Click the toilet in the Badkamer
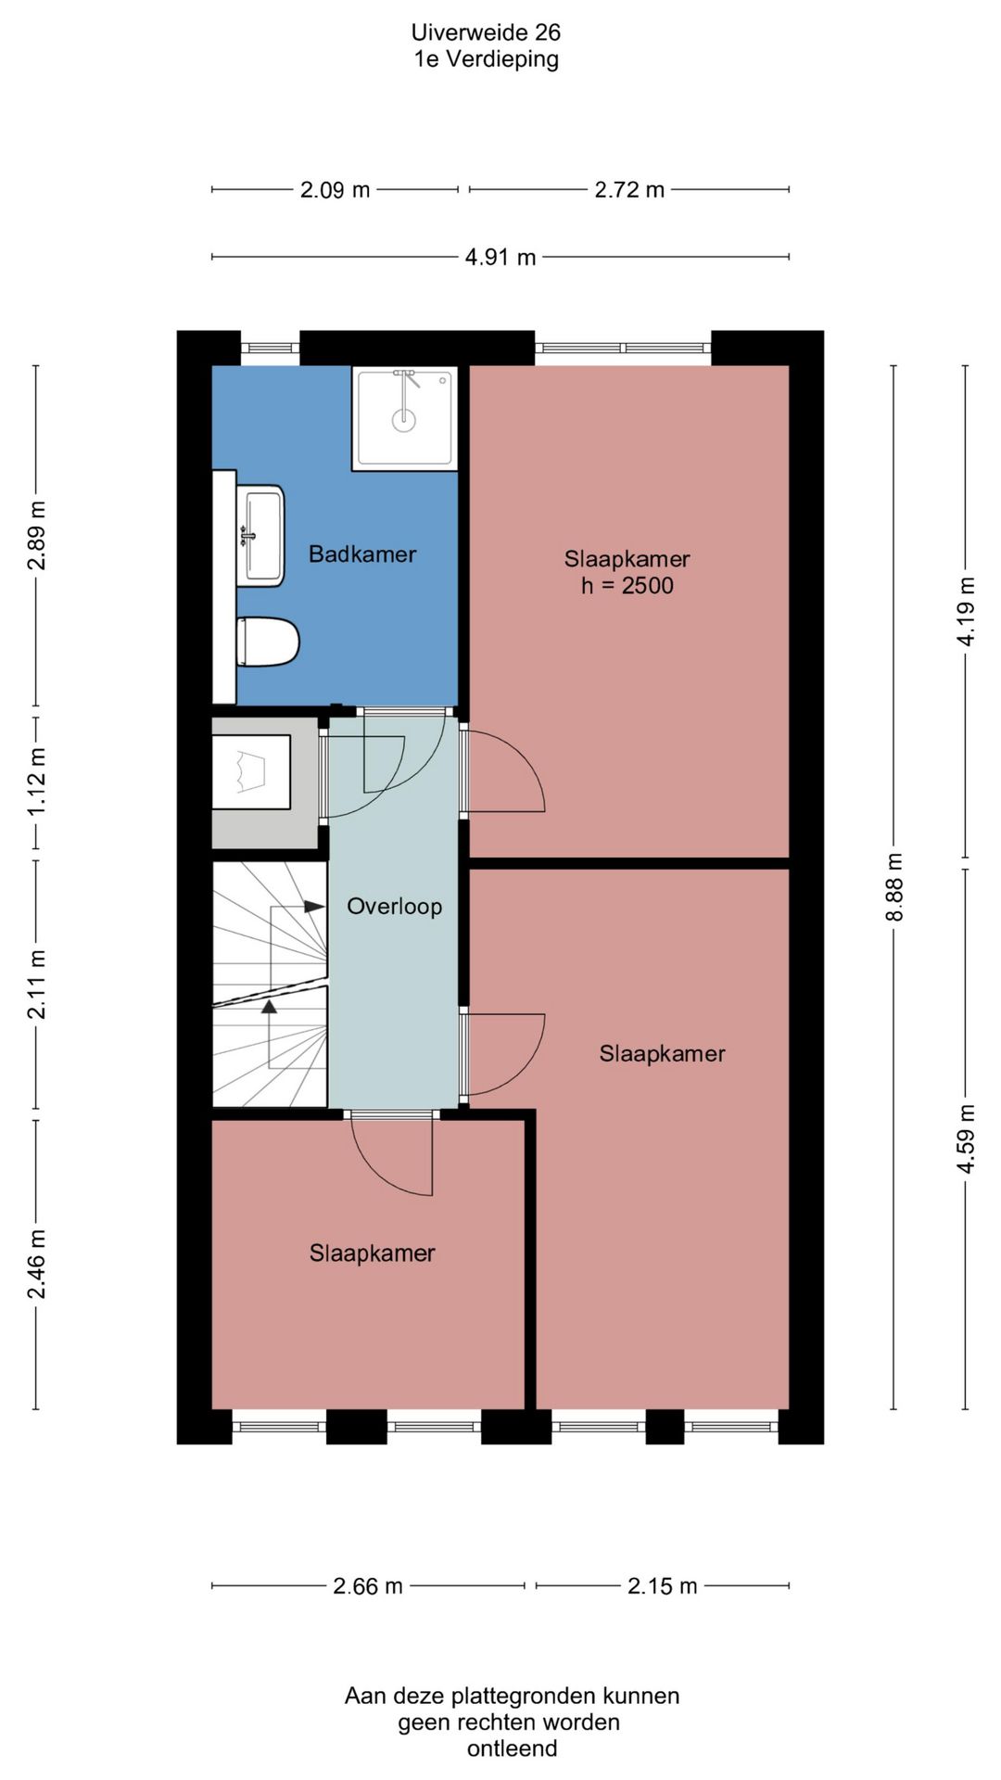(x=268, y=642)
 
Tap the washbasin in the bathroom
(x=260, y=536)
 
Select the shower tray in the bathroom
(x=405, y=418)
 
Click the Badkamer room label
(x=362, y=554)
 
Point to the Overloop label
(x=394, y=907)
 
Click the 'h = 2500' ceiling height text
(x=627, y=586)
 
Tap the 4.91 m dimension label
(x=500, y=257)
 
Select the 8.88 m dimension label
(x=894, y=887)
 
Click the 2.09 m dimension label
(x=335, y=190)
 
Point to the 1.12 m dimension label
(x=36, y=782)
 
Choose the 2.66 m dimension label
(x=368, y=1586)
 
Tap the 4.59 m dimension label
(x=966, y=1138)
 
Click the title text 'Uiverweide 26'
(x=486, y=32)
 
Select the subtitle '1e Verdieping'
(x=486, y=59)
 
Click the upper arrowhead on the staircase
(x=315, y=907)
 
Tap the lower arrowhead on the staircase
(x=269, y=1006)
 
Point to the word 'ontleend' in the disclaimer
(x=512, y=1748)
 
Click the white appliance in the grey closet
(x=250, y=772)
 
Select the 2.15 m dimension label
(x=662, y=1586)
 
